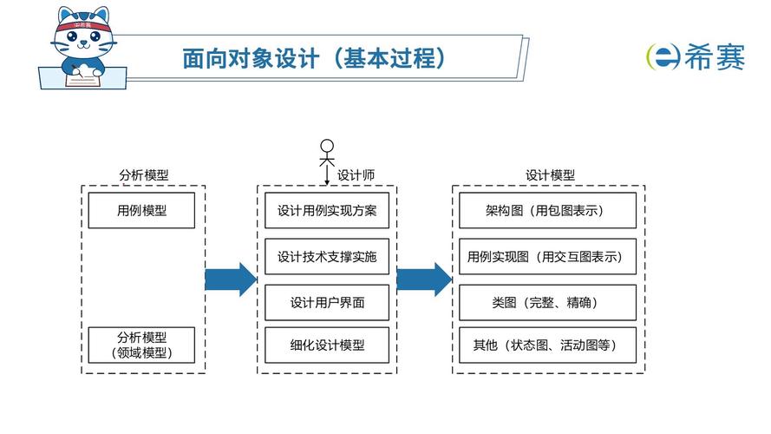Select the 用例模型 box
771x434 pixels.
coord(141,211)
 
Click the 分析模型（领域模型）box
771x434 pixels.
coord(141,345)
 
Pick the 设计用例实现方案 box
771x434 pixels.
coord(327,211)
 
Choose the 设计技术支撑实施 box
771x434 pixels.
coord(327,257)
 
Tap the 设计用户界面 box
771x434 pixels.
coord(327,303)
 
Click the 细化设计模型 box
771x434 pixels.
coord(327,345)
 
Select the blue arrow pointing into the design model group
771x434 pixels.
coord(424,279)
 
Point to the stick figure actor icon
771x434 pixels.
coord(327,155)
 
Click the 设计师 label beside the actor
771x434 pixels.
coord(356,174)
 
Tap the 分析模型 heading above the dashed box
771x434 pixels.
coord(143,174)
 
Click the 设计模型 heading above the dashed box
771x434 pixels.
coord(550,174)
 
